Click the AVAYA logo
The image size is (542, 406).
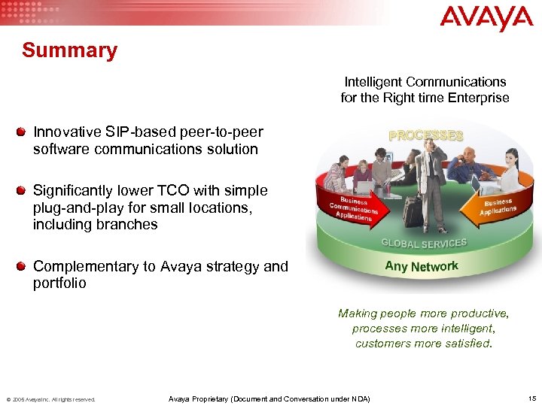tap(486, 18)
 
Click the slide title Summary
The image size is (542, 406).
tap(69, 51)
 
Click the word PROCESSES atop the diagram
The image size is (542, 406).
tap(425, 135)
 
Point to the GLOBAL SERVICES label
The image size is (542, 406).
tap(424, 243)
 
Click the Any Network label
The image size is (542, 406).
tap(421, 265)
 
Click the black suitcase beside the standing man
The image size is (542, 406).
tap(413, 211)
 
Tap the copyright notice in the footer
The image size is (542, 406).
tap(51, 399)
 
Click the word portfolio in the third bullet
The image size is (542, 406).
tap(59, 283)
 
